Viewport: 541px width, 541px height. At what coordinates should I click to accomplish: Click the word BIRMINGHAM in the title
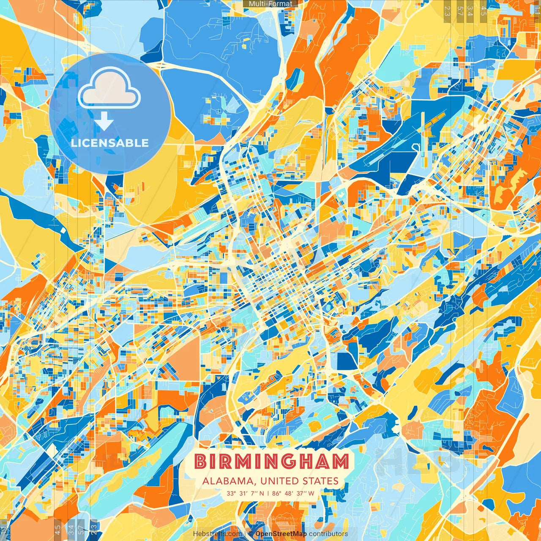[272, 462]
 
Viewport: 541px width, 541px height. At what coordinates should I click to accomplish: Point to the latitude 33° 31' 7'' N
[245, 493]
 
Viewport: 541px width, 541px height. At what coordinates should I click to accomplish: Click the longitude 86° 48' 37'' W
[293, 493]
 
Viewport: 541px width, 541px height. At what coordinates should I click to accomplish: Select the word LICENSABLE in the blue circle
[110, 143]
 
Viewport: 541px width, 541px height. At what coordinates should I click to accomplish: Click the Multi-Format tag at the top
[270, 4]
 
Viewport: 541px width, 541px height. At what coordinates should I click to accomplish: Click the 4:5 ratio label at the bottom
[57, 529]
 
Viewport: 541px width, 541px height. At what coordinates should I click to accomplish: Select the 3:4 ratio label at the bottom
[71, 529]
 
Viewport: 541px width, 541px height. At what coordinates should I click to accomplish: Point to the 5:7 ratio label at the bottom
[81, 529]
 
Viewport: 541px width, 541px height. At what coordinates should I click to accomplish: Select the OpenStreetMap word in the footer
[281, 534]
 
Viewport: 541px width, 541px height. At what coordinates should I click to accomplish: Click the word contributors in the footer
[328, 534]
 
